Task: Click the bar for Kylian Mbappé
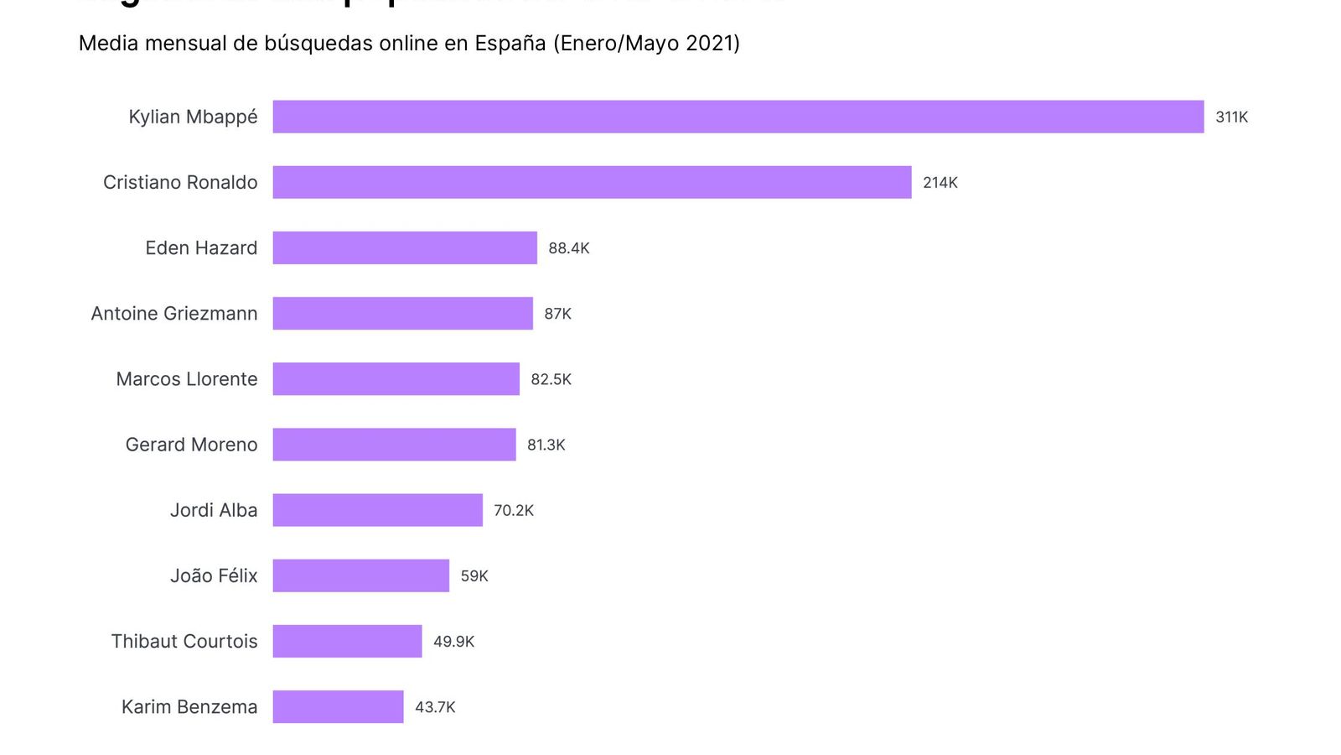[738, 117]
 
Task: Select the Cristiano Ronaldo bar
[592, 182]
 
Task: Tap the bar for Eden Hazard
[405, 247]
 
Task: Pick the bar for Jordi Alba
[377, 510]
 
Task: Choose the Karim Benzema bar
[338, 706]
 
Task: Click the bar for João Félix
[360, 575]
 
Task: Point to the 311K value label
[1231, 117]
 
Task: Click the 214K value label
[940, 183]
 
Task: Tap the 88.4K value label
[568, 248]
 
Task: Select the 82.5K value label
[551, 379]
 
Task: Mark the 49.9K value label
[453, 642]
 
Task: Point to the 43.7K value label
[435, 707]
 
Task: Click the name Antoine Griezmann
[174, 314]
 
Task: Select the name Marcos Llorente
[187, 379]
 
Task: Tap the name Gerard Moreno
[191, 445]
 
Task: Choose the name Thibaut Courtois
[184, 642]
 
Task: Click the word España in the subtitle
[510, 44]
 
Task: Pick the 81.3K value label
[546, 445]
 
